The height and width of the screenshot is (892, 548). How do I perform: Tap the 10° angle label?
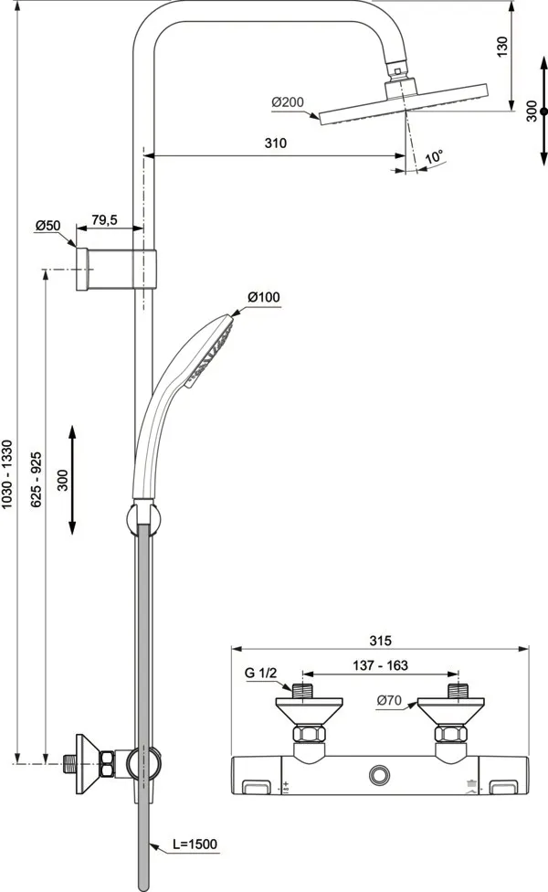coord(434,157)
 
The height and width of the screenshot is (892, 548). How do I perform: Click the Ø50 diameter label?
coord(47,225)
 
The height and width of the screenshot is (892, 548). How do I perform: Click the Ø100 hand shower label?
coord(264,297)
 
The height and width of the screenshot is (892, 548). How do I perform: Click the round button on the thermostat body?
coord(378,775)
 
